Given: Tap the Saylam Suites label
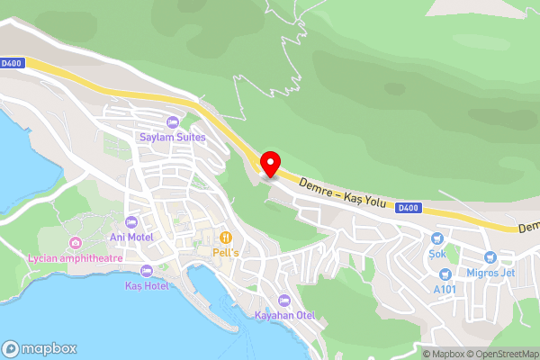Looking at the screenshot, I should coord(172,138).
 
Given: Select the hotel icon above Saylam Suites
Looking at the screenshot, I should coord(172,122).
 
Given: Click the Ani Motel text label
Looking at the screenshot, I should coord(130,237).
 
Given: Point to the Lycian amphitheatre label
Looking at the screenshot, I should coord(74,257).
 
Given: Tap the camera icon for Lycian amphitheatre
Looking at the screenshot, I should coord(74,242).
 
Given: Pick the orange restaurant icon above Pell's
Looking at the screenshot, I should coord(225,238).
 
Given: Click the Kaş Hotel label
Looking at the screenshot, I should coord(146,285).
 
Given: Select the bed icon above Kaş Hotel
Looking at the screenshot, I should coord(146,270).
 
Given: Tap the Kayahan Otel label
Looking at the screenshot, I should coord(284,315).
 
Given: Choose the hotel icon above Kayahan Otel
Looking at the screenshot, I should coord(284,300).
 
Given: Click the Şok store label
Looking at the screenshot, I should coord(438,254).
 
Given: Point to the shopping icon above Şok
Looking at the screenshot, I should coord(438,238).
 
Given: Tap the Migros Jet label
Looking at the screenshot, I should coord(490,273).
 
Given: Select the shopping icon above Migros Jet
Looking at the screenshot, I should coord(490,257).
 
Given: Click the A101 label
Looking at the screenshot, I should coord(445,289).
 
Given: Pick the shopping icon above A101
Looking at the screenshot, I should coord(445,274).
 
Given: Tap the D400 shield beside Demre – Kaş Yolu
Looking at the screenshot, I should coord(408,208).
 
